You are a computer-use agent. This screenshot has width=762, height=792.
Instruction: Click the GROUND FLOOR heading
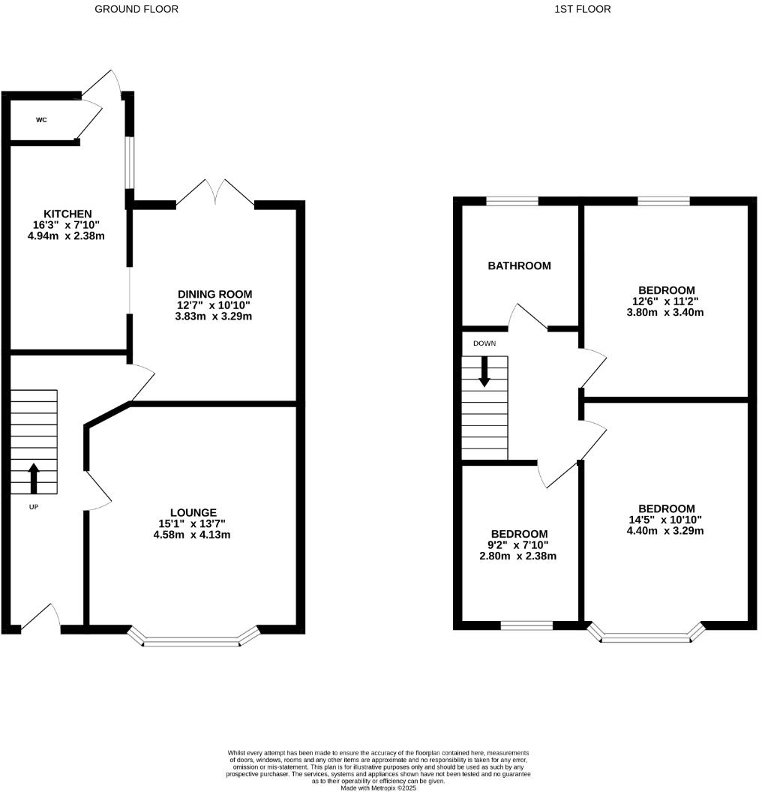tap(136, 9)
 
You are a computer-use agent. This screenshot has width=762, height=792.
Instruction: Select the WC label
tap(42, 119)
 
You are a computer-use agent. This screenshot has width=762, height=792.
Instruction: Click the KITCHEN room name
tap(67, 214)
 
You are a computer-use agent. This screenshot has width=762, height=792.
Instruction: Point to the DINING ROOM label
tap(214, 293)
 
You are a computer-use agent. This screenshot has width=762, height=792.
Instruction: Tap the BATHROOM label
tap(519, 265)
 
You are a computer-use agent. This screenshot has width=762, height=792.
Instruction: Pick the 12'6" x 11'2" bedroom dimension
tap(666, 301)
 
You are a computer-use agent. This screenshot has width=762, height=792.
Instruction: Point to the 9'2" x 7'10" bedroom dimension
tap(519, 545)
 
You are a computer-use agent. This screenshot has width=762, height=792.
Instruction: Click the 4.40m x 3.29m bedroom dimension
tap(666, 531)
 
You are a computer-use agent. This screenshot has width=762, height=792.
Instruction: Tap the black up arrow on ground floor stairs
tap(34, 478)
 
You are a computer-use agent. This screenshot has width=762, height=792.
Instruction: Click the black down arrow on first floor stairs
tap(484, 371)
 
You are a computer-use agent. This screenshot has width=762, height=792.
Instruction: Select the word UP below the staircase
tap(34, 506)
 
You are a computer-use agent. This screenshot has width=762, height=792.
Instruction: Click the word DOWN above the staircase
tap(484, 343)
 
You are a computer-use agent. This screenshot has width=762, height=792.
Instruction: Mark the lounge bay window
tap(193, 640)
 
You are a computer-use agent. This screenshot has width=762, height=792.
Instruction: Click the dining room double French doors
tap(215, 192)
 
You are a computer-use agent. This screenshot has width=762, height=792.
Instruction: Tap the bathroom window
tap(512, 201)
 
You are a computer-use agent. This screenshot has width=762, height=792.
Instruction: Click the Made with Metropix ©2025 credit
tap(378, 787)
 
